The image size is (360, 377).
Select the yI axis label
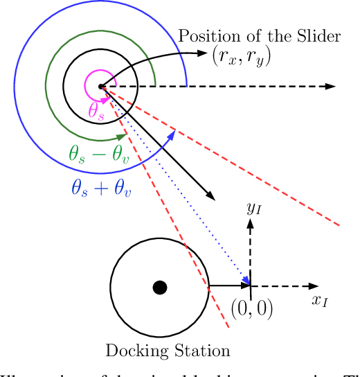[x=254, y=207]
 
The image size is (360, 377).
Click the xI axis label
[x=320, y=301]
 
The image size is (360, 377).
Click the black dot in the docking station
[x=160, y=287]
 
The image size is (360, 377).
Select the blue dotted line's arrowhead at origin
[x=245, y=281]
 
